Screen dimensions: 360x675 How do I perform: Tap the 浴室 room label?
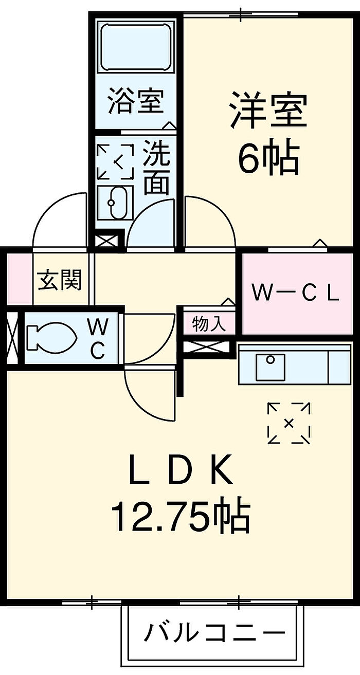(136, 101)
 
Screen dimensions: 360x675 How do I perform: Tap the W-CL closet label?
(296, 294)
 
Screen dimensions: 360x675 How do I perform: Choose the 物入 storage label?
(209, 324)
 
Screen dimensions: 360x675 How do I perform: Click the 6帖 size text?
(268, 158)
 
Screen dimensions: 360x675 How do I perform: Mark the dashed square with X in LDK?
(289, 423)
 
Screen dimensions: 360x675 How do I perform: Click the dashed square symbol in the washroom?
(116, 162)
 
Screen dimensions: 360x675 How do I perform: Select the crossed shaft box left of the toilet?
(12, 338)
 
